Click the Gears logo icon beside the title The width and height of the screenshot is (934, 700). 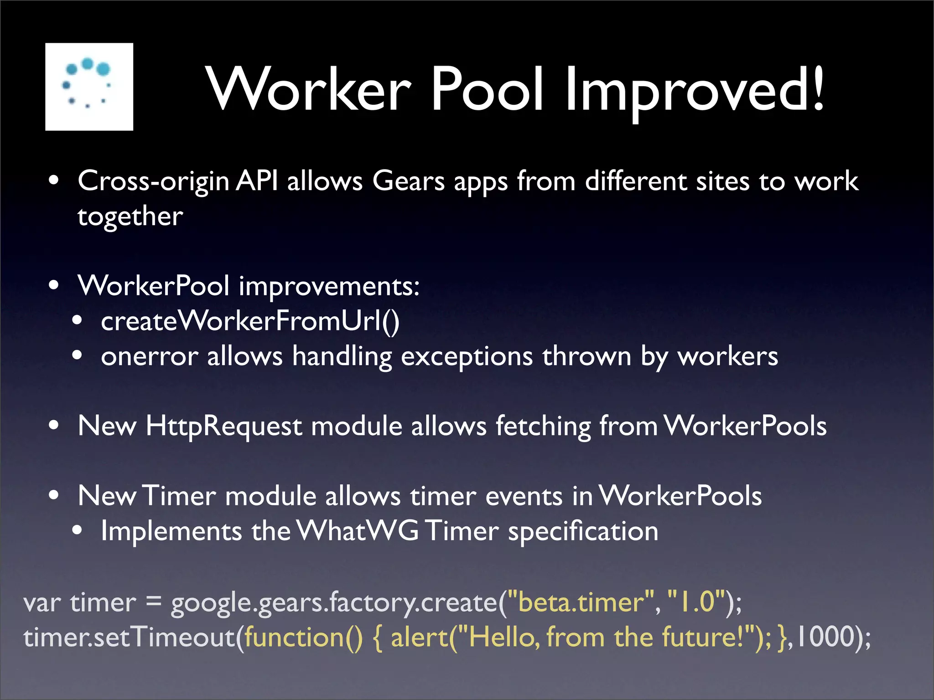(89, 87)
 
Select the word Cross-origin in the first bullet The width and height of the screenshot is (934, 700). (153, 181)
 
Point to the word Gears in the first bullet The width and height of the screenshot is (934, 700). (408, 181)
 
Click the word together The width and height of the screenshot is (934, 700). (130, 216)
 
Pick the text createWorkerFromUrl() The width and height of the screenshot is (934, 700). (250, 321)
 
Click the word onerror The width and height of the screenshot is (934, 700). (149, 356)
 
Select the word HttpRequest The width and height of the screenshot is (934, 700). (223, 427)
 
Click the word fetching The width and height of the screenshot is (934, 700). (543, 427)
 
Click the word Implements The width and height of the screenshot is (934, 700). (171, 531)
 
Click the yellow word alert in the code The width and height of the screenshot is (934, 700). (420, 637)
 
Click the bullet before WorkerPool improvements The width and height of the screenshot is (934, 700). (54, 286)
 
